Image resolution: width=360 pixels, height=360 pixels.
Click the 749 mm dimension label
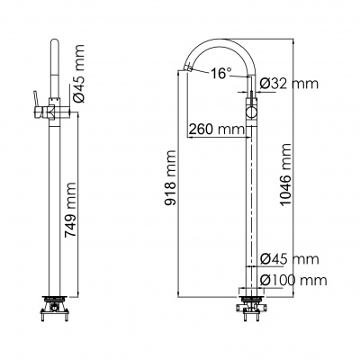pyautogui.click(x=71, y=210)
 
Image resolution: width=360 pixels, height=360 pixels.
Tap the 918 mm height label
pyautogui.click(x=171, y=178)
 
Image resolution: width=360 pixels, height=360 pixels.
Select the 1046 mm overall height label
pyautogui.click(x=285, y=175)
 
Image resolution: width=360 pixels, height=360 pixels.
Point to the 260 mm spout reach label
pyautogui.click(x=217, y=130)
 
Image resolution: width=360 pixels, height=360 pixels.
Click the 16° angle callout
pyautogui.click(x=221, y=73)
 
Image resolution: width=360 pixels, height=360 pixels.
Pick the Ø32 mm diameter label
pyautogui.click(x=289, y=84)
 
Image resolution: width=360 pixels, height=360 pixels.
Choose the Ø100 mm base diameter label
pyautogui.click(x=293, y=280)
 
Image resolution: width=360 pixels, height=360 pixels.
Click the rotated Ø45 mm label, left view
pyautogui.click(x=79, y=74)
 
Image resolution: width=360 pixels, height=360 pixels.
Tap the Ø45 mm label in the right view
pyautogui.click(x=289, y=258)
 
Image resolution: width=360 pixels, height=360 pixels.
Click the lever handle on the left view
pyautogui.click(x=37, y=103)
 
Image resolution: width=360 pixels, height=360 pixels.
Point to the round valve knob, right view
pyautogui.click(x=252, y=113)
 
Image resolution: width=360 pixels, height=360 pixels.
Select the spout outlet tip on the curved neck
pyautogui.click(x=188, y=68)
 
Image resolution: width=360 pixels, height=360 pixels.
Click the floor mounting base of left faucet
pyautogui.click(x=55, y=308)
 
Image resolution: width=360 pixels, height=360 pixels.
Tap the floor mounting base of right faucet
pyautogui.click(x=248, y=308)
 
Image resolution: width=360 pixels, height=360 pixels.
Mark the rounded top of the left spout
pyautogui.click(x=54, y=41)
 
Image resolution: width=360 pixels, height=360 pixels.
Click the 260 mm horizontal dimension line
pyautogui.click(x=219, y=138)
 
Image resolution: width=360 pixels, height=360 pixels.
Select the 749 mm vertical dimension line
pyautogui.click(x=78, y=205)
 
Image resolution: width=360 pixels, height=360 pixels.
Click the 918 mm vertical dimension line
pyautogui.click(x=178, y=184)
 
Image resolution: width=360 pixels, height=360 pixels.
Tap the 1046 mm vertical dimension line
pyautogui.click(x=293, y=168)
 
